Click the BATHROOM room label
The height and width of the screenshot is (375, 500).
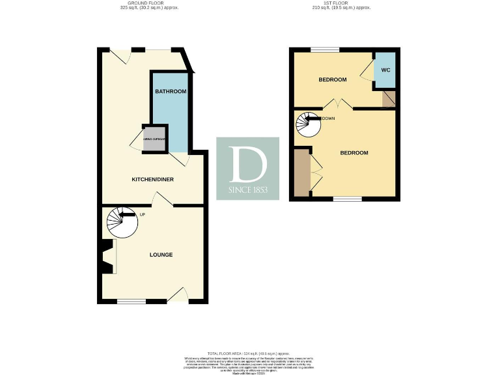tap(171, 92)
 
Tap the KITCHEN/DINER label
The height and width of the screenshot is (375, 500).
tap(153, 179)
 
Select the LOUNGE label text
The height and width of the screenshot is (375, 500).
tap(161, 255)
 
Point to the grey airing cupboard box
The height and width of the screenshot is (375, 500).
tap(155, 140)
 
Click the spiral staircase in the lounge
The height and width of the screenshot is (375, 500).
tap(122, 223)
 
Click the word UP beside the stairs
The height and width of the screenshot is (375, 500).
tap(142, 214)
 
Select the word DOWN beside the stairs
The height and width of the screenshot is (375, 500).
tap(328, 118)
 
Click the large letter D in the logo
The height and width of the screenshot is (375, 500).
tap(247, 164)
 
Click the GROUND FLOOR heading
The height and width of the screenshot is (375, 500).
tap(149, 3)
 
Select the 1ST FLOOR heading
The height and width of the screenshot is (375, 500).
tap(341, 3)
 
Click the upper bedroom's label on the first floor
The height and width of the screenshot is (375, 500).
tap(332, 79)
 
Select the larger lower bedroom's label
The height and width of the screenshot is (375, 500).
tap(354, 153)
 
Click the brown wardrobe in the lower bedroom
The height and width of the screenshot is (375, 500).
tap(301, 173)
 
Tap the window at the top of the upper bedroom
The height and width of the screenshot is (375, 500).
tap(325, 50)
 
